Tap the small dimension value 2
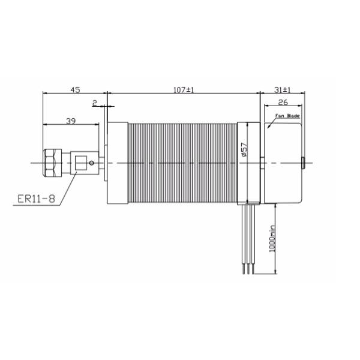[x=95, y=103]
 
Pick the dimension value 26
[x=284, y=103]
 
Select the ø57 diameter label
[x=244, y=149]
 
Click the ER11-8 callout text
[x=36, y=199]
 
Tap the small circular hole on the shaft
[x=91, y=163]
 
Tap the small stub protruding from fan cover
[x=304, y=163]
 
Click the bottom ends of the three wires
[x=248, y=272]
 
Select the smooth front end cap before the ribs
[x=117, y=163]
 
